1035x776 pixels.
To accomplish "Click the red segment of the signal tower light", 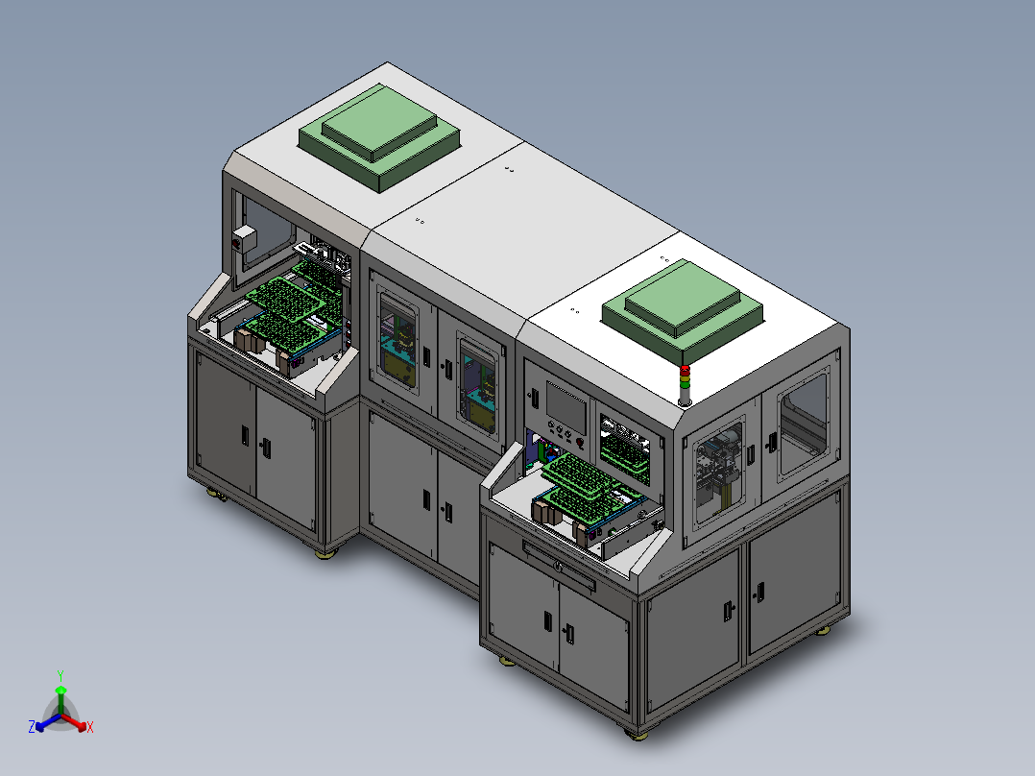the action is click(x=685, y=370).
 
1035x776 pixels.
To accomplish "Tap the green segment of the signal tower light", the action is click(x=685, y=384).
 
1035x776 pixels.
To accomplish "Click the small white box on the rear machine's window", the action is click(x=244, y=239).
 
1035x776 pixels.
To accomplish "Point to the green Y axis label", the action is click(x=60, y=675).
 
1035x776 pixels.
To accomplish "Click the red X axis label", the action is click(x=90, y=727).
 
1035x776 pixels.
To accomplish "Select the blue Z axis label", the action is click(x=32, y=727).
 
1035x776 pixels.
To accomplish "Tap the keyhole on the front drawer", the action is click(x=559, y=566).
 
